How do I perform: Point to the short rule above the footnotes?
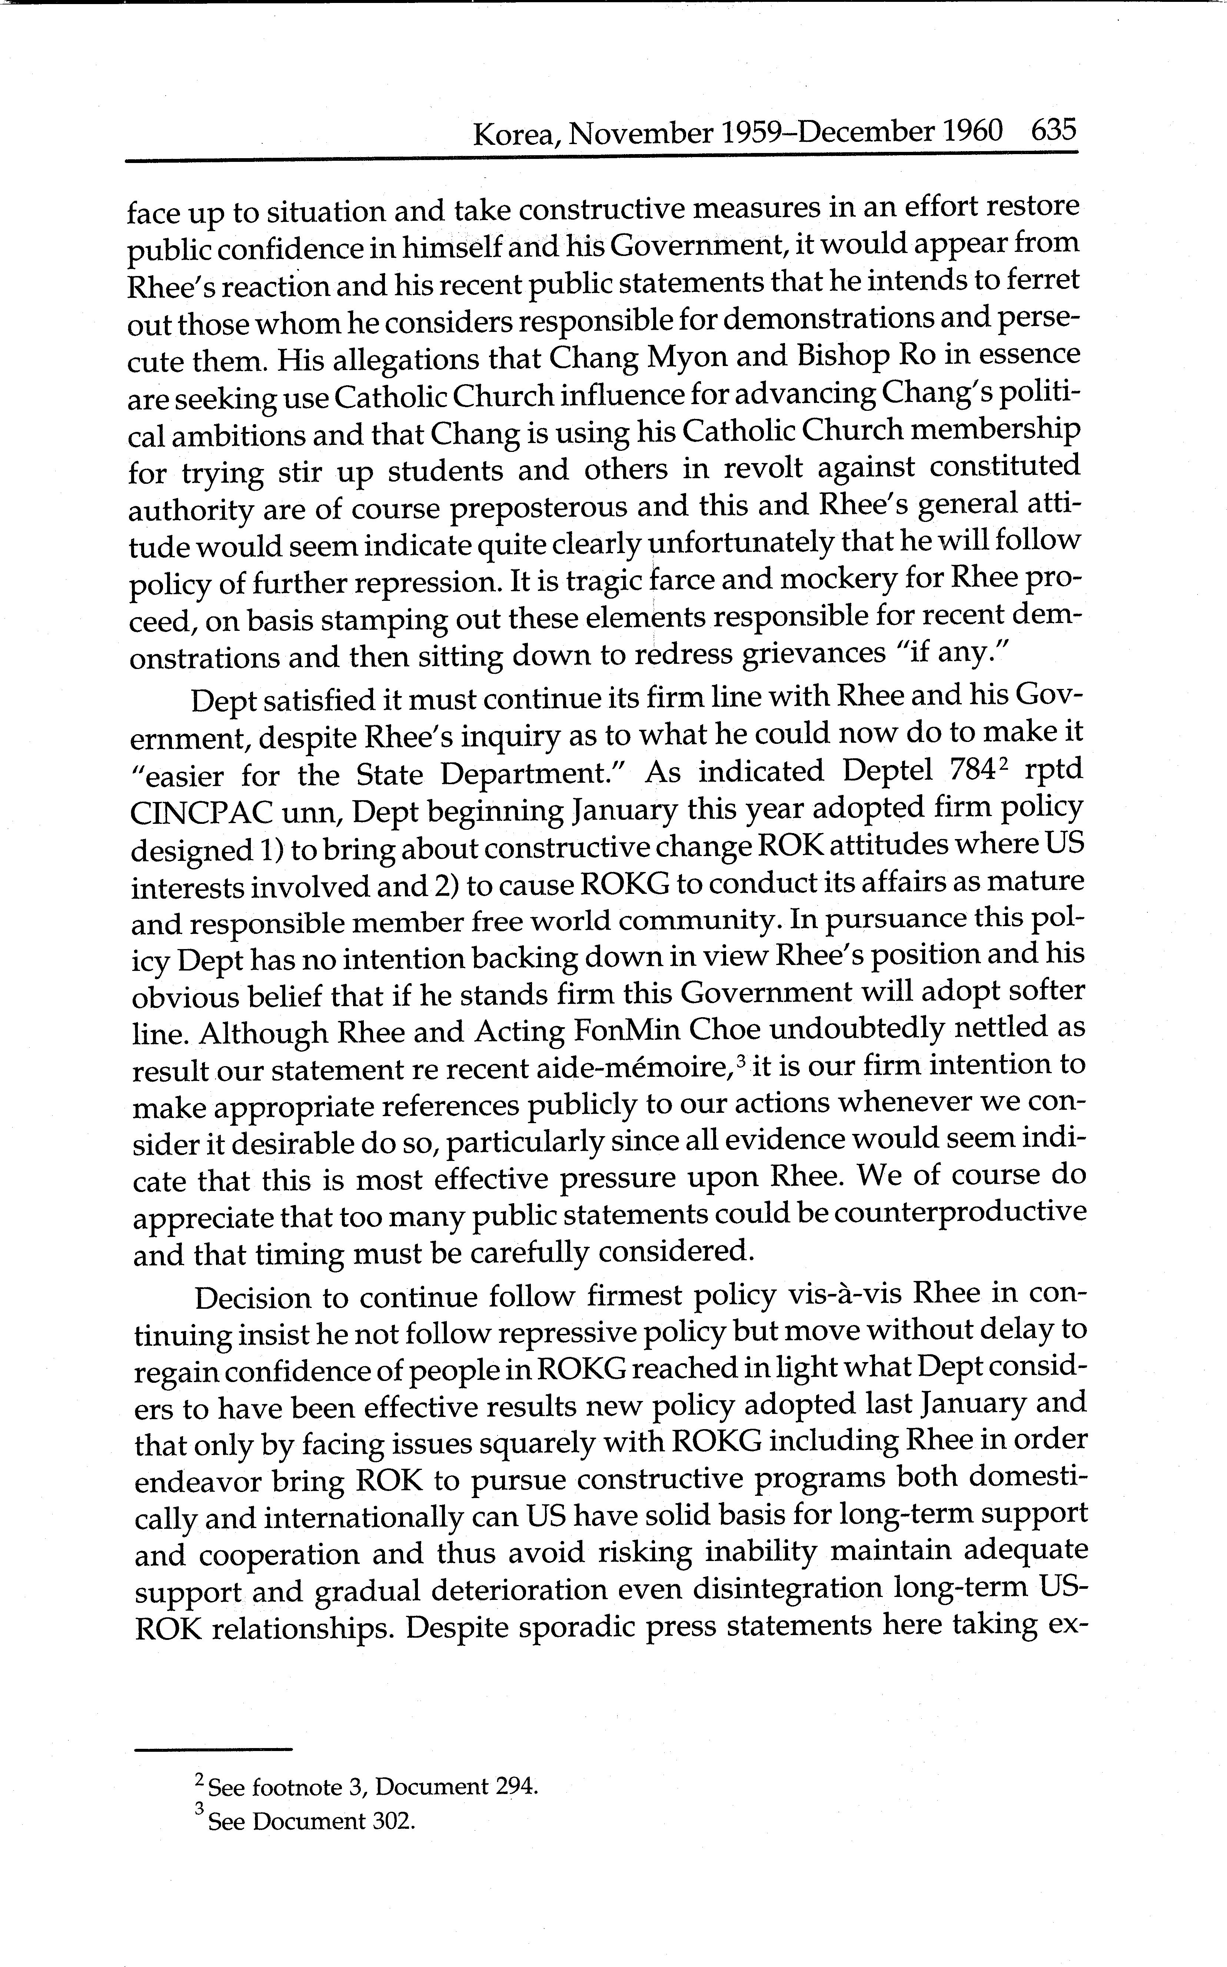(x=213, y=1749)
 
